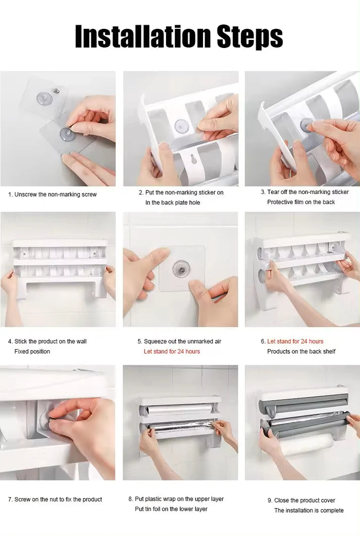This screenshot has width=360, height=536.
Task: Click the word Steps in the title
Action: point(250,37)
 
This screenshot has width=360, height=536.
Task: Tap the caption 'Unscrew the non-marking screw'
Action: point(56,194)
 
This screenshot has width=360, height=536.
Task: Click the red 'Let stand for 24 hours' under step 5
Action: point(172,352)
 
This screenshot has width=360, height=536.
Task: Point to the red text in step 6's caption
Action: point(295,341)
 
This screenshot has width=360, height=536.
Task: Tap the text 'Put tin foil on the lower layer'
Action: point(171,509)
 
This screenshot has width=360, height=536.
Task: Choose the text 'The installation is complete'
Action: point(309,510)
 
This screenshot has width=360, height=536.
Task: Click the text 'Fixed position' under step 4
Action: point(32,352)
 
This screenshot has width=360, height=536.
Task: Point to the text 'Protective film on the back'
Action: point(301,202)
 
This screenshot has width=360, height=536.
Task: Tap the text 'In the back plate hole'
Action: point(173,203)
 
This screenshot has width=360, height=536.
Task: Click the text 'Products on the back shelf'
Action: point(301,352)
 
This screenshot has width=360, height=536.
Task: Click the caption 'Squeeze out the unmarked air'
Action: point(182,341)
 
